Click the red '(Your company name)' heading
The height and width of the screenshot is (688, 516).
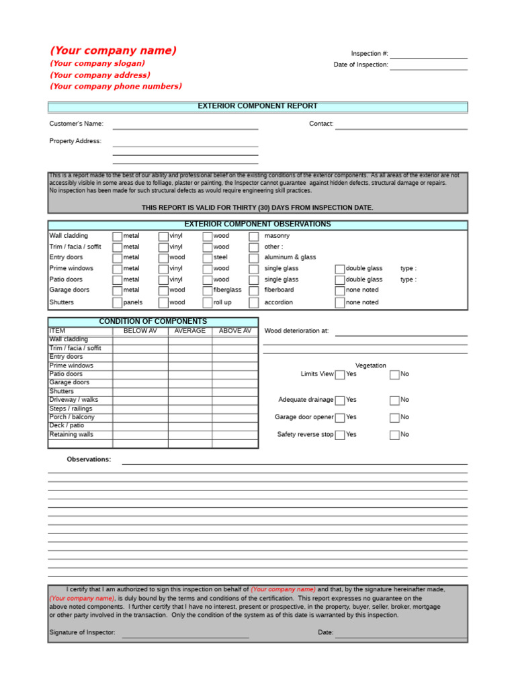pos(113,51)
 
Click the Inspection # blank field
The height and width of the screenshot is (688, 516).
pos(428,54)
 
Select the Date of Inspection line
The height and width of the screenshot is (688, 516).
pos(428,65)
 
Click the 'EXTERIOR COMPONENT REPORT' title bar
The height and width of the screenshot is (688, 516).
pos(257,107)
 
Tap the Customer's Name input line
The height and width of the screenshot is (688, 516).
pos(185,124)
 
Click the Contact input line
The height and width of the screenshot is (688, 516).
pos(401,124)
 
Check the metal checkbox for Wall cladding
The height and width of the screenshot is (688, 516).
pos(118,236)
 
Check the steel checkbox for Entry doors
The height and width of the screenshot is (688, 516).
pos(208,258)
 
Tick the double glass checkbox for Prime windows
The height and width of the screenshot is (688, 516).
pos(340,269)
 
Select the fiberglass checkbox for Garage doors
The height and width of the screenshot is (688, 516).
pos(208,290)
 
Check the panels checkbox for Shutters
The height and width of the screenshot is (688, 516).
pos(118,302)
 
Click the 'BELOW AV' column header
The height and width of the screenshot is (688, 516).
pos(140,331)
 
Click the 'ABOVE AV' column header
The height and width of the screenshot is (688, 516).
pos(234,331)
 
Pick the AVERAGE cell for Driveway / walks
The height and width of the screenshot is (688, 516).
pos(190,400)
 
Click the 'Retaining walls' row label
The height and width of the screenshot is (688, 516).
pos(71,435)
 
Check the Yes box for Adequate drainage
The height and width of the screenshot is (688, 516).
pos(340,400)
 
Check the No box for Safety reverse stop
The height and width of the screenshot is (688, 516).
pos(394,435)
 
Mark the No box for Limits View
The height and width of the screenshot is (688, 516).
pos(394,374)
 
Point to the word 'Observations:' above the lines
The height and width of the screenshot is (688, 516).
pos(89,460)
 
